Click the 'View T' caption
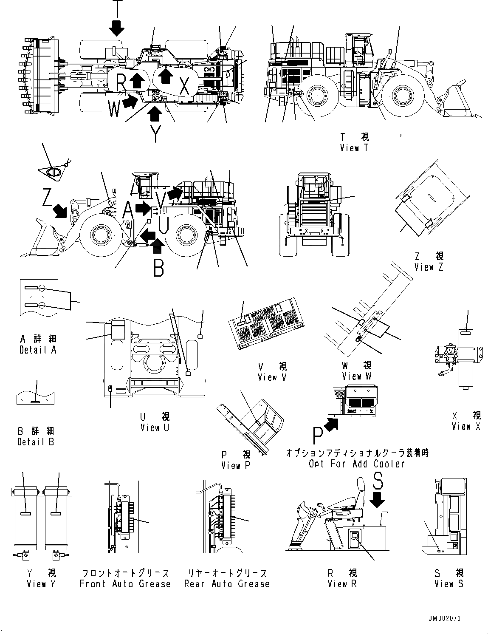pyautogui.click(x=354, y=148)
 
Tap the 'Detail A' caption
pyautogui.click(x=38, y=350)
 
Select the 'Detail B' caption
pyautogui.click(x=36, y=442)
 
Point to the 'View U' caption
pyautogui.click(x=155, y=427)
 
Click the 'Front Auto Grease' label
pyautogui.click(x=125, y=583)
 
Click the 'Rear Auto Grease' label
pyautogui.click(x=227, y=583)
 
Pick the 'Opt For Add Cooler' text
pyautogui.click(x=357, y=464)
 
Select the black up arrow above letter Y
pyautogui.click(x=156, y=113)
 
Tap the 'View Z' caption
pyautogui.click(x=429, y=267)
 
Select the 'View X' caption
pyautogui.click(x=466, y=426)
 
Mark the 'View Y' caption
pyautogui.click(x=41, y=583)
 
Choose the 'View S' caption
pyautogui.click(x=449, y=583)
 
